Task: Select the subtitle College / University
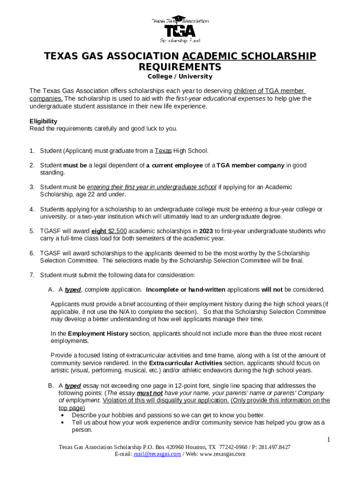click(x=180, y=76)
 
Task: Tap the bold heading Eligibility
click(x=43, y=121)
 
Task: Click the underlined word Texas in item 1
click(x=163, y=151)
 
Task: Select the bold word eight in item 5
click(x=99, y=231)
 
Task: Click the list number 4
click(x=32, y=209)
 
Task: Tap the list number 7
click(x=32, y=275)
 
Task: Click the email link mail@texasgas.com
click(x=157, y=454)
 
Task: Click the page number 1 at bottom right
click(x=329, y=439)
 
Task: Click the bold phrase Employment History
click(x=98, y=334)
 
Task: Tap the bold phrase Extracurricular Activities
click(x=178, y=363)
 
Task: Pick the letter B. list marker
click(x=50, y=386)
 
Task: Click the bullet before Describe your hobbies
click(x=63, y=415)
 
